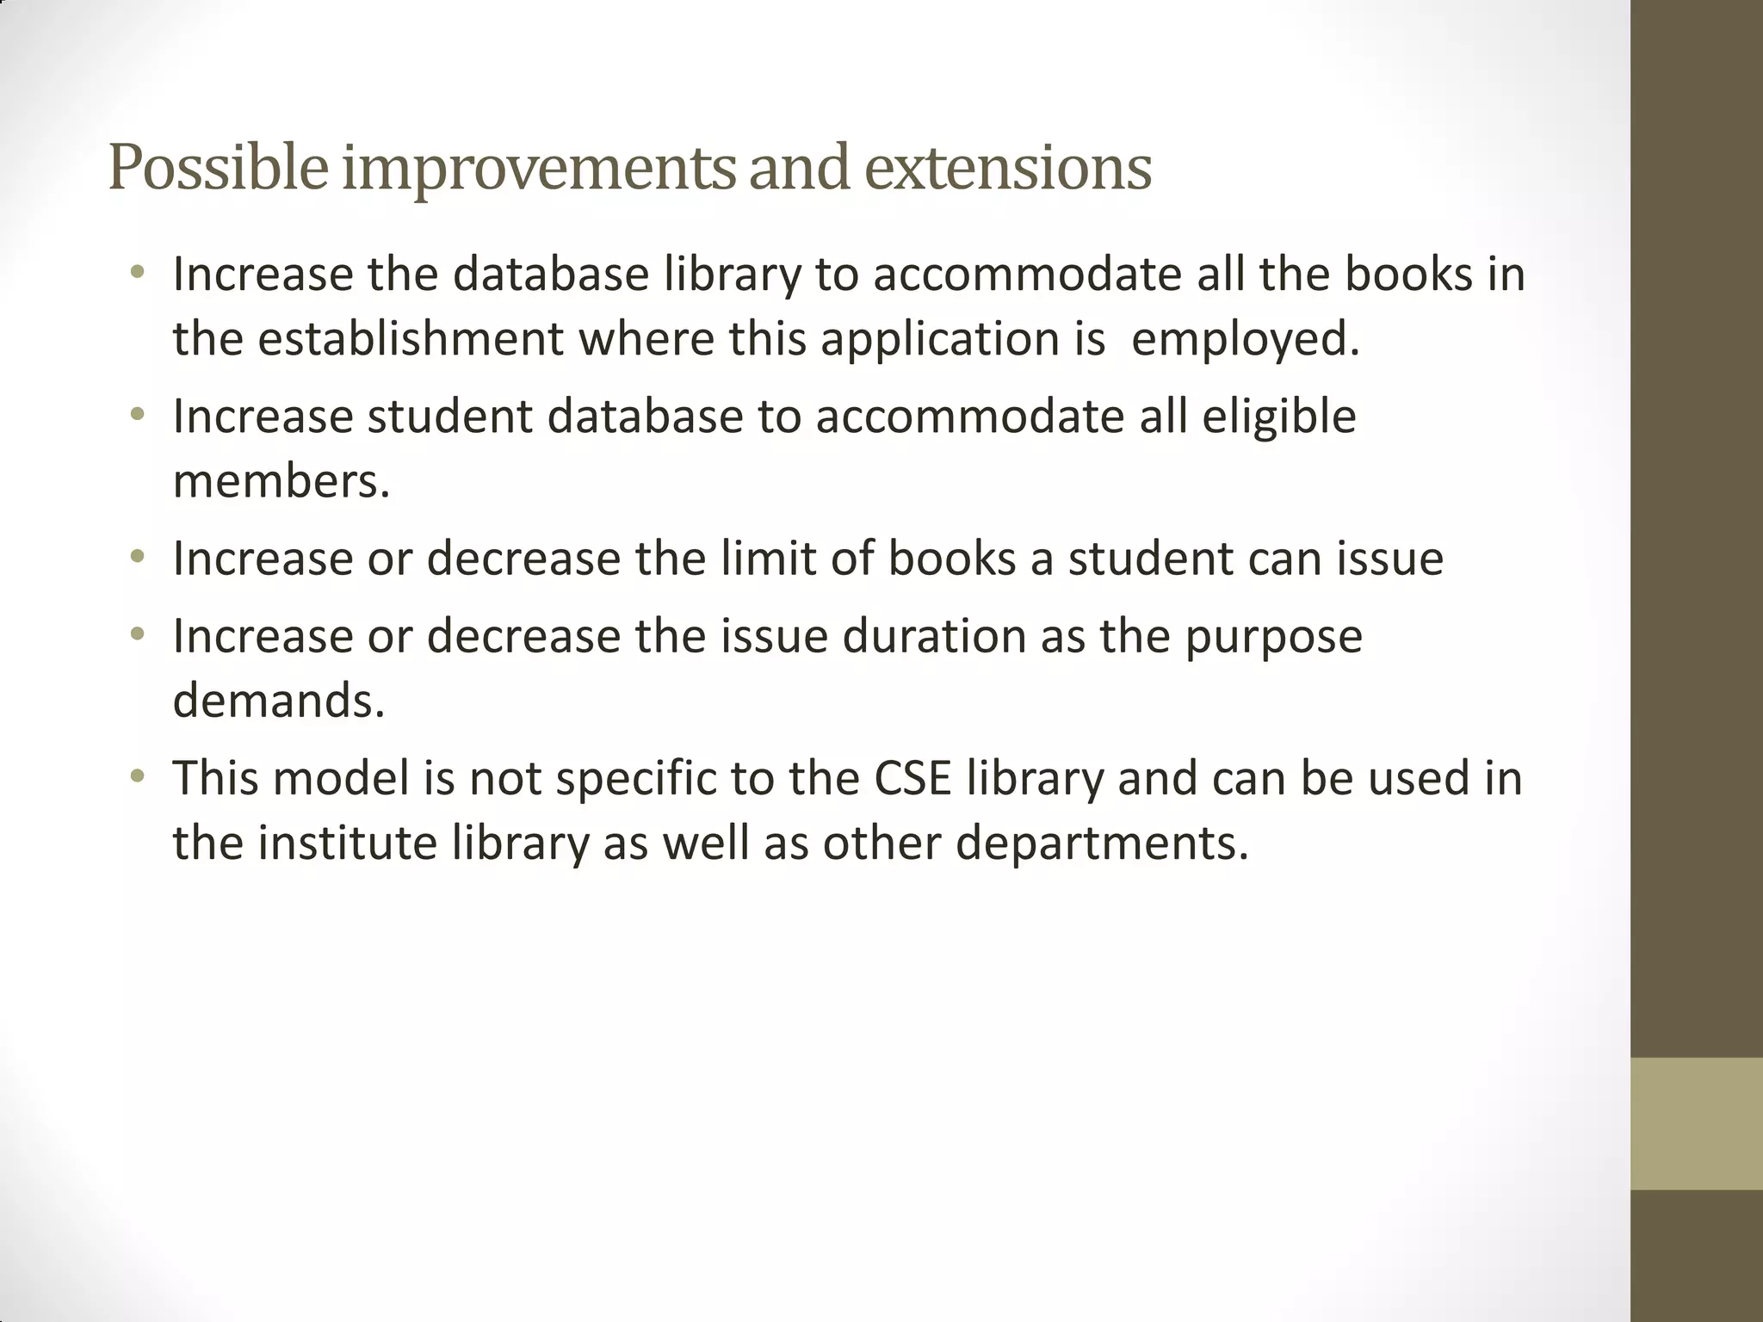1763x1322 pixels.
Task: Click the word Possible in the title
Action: pyautogui.click(x=218, y=168)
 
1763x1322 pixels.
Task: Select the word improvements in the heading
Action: pyautogui.click(x=539, y=168)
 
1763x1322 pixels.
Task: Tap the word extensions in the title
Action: pyautogui.click(x=1007, y=168)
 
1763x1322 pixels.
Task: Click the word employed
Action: pyautogui.click(x=1245, y=338)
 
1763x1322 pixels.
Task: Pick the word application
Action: pyautogui.click(x=938, y=338)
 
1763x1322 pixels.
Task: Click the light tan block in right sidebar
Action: pyautogui.click(x=1696, y=1123)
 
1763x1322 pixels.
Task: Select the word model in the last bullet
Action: pyautogui.click(x=341, y=778)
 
